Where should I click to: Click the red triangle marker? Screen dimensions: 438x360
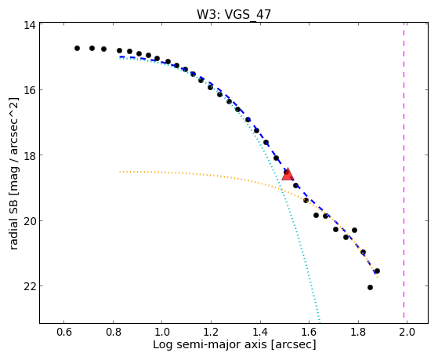288,174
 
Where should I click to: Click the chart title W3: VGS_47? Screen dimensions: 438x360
233,14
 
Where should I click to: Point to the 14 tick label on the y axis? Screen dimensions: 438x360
30,25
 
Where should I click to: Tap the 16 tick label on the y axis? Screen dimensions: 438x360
30,90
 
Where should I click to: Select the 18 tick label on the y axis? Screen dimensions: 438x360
30,155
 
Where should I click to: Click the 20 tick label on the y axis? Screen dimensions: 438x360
30,220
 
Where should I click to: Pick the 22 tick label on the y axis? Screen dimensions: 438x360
30,285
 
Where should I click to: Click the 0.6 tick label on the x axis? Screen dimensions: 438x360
64,332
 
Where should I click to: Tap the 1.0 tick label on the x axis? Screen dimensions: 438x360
162,332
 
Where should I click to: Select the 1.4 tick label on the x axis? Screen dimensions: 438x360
260,332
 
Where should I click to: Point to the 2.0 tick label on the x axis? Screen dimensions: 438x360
407,332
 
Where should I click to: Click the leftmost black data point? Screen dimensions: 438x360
77,48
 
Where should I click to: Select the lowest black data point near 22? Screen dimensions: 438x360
370,287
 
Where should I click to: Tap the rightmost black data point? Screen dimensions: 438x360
377,271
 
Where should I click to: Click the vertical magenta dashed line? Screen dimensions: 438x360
404,173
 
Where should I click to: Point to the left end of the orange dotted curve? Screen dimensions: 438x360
120,172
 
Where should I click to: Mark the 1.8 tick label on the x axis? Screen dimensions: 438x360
358,332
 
